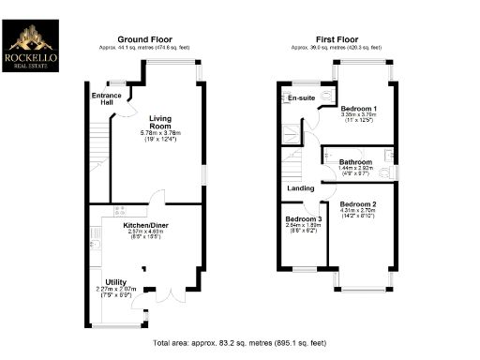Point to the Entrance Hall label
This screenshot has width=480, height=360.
(x=102, y=98)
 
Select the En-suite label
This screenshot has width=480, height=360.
(x=301, y=97)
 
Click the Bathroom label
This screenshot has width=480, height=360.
(x=355, y=160)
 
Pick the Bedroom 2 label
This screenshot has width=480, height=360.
(x=358, y=204)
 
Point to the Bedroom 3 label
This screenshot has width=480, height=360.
(x=302, y=219)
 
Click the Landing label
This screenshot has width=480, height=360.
(x=300, y=188)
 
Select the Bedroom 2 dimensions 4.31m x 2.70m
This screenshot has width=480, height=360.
(x=358, y=211)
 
